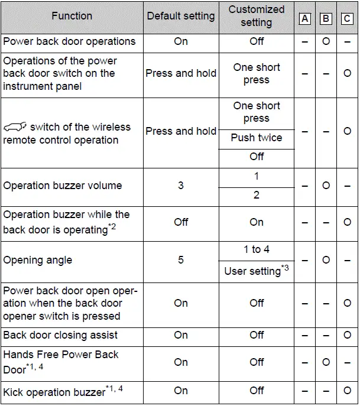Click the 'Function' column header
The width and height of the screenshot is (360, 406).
(x=72, y=16)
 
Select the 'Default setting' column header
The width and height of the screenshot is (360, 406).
(x=180, y=16)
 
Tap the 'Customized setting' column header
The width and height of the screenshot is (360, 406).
(x=256, y=16)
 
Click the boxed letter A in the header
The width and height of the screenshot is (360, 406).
(x=305, y=18)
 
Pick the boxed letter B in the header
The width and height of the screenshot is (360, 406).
(x=326, y=18)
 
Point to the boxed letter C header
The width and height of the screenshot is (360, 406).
(x=347, y=18)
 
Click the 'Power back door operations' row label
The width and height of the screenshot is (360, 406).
(x=69, y=41)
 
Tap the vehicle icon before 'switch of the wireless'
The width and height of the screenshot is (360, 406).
(x=15, y=127)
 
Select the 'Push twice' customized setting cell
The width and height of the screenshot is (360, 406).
(x=256, y=138)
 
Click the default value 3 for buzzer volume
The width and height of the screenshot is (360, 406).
(x=181, y=186)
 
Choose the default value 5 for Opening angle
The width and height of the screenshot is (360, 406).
(x=181, y=260)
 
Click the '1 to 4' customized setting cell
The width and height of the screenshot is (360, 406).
(x=256, y=249)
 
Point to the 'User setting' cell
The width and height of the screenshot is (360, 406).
(x=256, y=271)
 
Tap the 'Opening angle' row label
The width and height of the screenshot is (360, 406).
(x=38, y=260)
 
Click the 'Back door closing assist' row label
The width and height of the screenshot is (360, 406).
(x=60, y=335)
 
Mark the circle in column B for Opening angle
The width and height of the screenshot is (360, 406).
(x=326, y=260)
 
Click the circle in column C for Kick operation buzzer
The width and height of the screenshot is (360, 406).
(x=347, y=391)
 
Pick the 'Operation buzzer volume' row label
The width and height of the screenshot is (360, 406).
(x=62, y=186)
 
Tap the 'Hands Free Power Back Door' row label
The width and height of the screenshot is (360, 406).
(x=61, y=362)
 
